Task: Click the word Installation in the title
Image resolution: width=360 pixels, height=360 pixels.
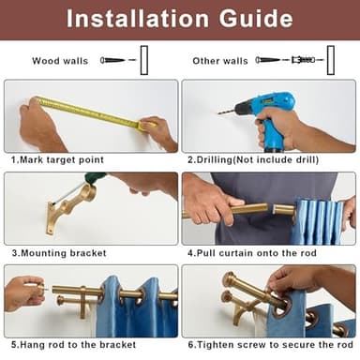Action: coord(138,19)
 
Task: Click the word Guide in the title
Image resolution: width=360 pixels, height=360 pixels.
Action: coord(256,19)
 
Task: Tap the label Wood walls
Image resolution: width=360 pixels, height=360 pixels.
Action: coord(60,61)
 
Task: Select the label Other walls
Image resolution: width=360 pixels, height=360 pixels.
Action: coord(220,61)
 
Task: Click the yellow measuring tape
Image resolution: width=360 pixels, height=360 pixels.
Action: coord(94,112)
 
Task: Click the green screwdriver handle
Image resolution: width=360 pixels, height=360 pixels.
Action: coord(96,176)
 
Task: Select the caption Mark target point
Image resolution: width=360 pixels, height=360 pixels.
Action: coord(57,160)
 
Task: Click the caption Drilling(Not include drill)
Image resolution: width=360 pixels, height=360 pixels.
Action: coord(253,160)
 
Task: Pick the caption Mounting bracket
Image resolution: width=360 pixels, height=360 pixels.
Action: coord(59,253)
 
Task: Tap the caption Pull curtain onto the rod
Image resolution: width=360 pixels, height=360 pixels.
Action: coord(252,253)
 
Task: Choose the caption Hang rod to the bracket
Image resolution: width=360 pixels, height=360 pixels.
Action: coord(74,345)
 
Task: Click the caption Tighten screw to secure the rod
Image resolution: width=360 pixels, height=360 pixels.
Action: coord(271,345)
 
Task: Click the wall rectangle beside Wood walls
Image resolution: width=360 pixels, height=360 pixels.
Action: coord(144,60)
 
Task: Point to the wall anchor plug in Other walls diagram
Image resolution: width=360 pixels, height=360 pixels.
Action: coord(303,59)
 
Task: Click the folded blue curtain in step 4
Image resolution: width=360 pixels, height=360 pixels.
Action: coord(319,222)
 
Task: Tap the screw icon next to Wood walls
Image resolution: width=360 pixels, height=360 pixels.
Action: coord(112,60)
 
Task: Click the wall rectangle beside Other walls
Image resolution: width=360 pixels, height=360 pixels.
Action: coord(331,60)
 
